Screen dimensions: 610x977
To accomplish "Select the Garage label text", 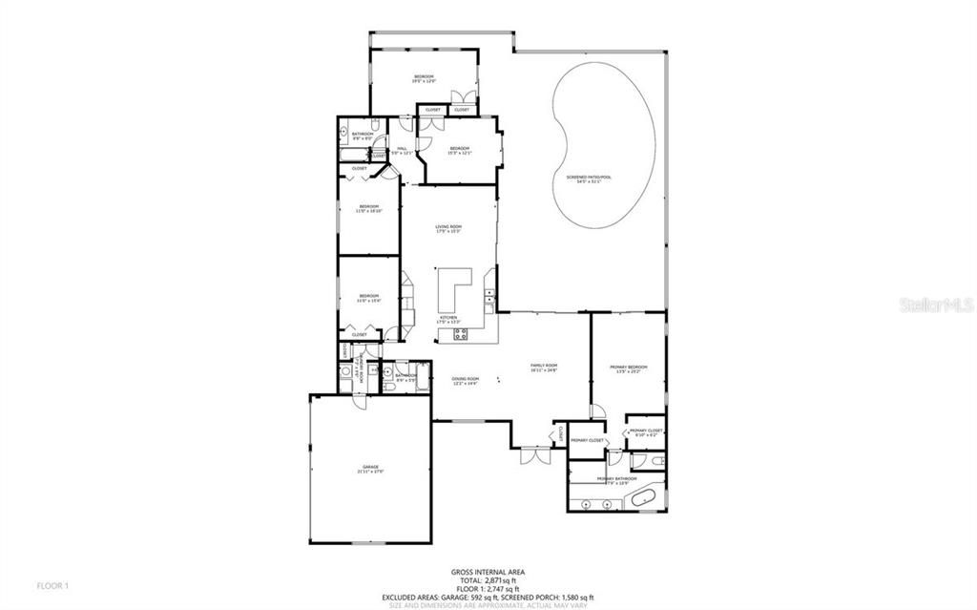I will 370,469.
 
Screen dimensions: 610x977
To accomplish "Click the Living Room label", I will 448,228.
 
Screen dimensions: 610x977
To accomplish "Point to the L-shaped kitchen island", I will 452,286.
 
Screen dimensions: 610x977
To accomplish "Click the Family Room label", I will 544,368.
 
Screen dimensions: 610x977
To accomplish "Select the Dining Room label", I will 465,381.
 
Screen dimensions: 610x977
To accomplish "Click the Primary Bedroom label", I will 629,368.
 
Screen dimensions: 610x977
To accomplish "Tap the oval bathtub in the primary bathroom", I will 648,497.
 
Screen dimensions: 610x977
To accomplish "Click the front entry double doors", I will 534,456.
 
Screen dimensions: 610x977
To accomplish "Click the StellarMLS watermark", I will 940,305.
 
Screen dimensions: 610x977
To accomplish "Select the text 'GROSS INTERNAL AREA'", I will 488,573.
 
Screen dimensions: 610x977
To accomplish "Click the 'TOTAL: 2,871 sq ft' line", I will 488,580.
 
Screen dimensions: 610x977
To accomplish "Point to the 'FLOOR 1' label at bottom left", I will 53,584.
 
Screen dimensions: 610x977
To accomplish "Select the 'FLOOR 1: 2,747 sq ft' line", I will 488,589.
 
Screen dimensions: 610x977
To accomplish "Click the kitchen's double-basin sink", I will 489,305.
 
